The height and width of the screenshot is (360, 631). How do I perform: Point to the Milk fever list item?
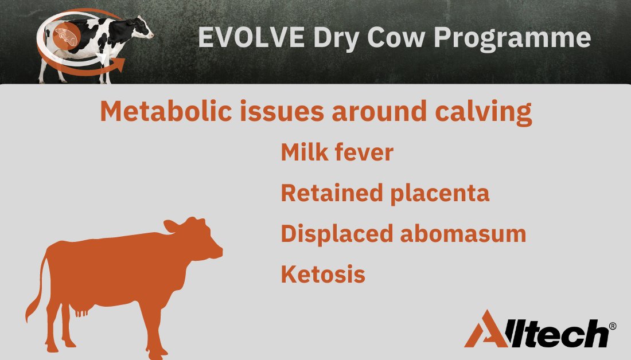point(337,153)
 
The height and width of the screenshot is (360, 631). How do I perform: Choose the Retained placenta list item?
point(385,193)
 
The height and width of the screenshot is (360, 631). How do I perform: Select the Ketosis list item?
point(323,274)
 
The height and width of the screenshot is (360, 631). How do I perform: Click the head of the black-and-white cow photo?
point(143,30)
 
